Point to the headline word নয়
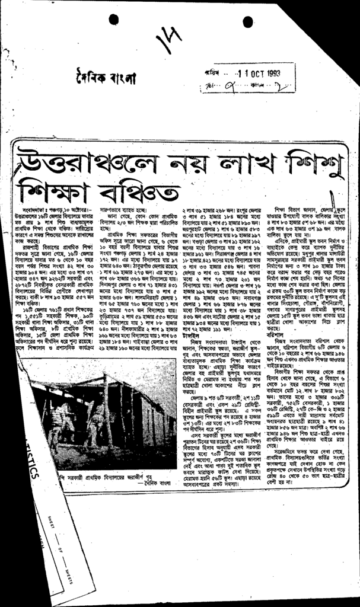point(176,159)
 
